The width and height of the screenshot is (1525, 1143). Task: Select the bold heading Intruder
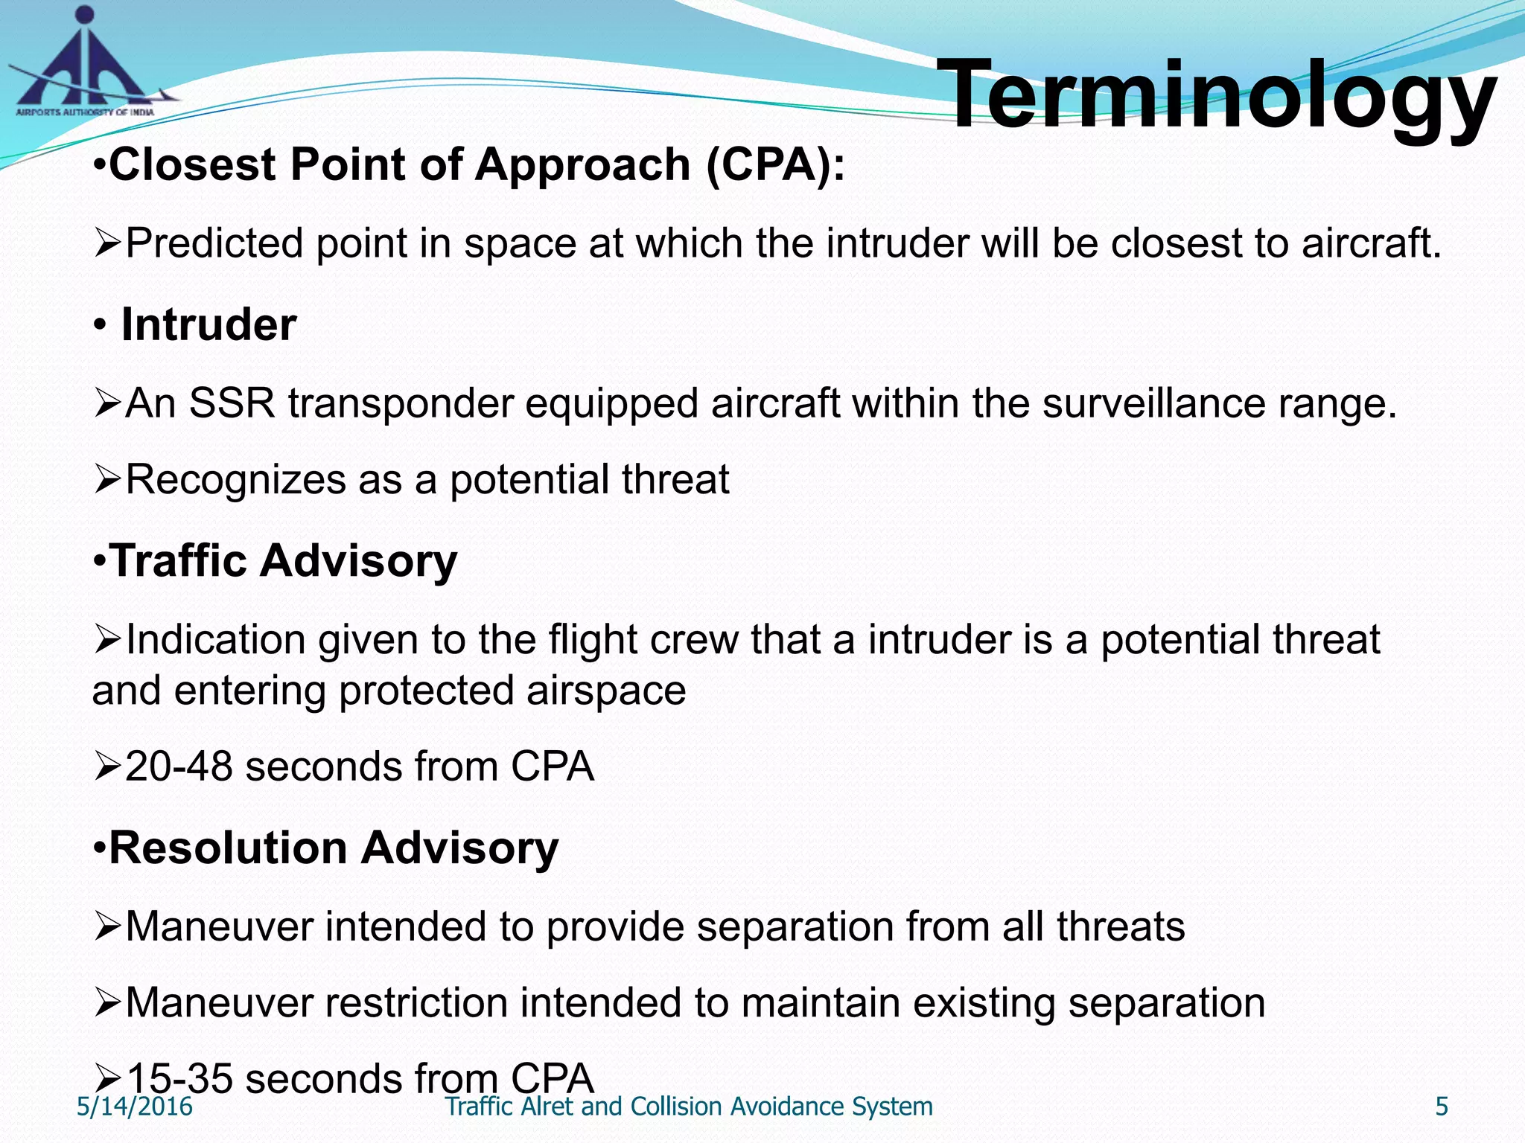pos(208,325)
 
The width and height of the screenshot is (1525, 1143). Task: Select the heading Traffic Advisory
pos(283,560)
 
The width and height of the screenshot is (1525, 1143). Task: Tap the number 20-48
pos(179,766)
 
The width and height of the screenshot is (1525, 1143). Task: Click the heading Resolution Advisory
pos(334,848)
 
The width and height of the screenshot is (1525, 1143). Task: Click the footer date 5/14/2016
pos(135,1107)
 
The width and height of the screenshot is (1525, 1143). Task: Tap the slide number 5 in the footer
pos(1442,1107)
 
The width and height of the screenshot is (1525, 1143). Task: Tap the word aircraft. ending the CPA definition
pos(1371,243)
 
